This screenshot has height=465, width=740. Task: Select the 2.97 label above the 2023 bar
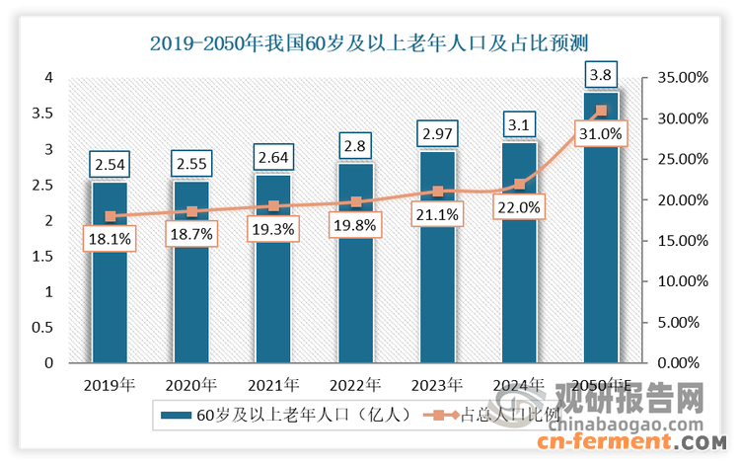(x=437, y=132)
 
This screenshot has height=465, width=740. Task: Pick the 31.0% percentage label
(x=600, y=133)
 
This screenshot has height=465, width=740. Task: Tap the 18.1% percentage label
(x=110, y=238)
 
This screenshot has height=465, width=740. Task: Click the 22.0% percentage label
(x=519, y=206)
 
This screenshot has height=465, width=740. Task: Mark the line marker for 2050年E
(x=601, y=111)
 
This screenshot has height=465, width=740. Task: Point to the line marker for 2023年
(x=437, y=192)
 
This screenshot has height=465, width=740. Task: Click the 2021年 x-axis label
(x=273, y=384)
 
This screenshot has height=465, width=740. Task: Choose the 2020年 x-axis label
(x=191, y=384)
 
